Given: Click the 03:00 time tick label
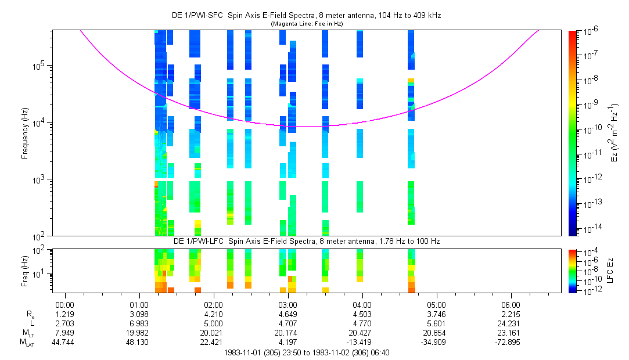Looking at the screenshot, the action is pos(287,305).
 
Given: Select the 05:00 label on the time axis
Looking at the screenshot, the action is pos(436,305).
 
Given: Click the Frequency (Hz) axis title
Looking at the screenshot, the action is pos(25,133).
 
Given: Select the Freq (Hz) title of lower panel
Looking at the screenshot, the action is pos(25,271).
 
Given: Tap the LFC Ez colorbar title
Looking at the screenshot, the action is pos(610,271).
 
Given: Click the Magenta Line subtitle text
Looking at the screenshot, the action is pos(307,24).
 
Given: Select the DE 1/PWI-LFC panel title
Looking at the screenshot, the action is pos(307,242).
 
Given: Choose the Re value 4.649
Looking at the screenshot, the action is pos(287,314).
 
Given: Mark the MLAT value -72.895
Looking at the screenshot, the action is pos(508,342).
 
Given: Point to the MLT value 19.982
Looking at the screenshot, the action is pos(137,333).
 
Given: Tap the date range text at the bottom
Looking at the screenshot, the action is pos(307,353).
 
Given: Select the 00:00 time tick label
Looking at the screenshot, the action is pos(64,305).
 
